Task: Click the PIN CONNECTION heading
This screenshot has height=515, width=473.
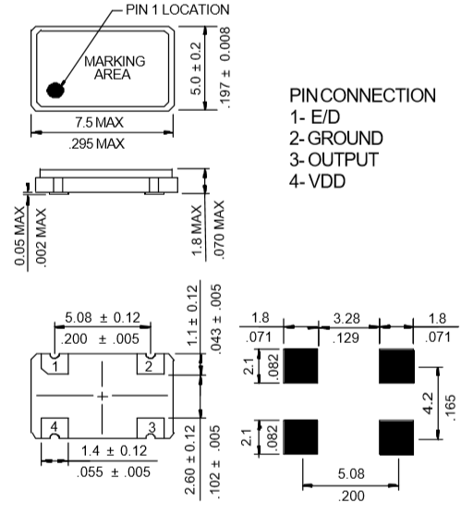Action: click(x=361, y=96)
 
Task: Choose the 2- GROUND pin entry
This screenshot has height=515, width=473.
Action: click(x=334, y=139)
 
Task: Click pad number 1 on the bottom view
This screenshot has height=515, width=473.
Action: click(x=55, y=367)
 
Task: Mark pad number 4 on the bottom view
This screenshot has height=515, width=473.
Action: click(x=55, y=426)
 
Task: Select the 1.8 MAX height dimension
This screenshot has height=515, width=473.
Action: click(x=197, y=230)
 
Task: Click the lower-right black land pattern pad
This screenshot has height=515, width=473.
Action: click(x=399, y=435)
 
